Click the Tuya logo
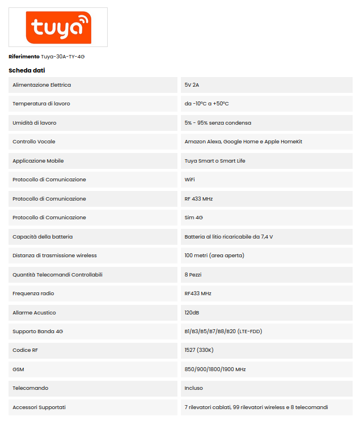(58, 27)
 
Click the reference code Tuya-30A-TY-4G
(62, 57)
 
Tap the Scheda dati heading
(27, 70)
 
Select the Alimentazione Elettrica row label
(41, 85)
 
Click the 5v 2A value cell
(192, 85)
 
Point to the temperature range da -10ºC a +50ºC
(206, 104)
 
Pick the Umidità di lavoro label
(34, 123)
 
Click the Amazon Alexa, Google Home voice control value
(243, 142)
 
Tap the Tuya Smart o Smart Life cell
(215, 161)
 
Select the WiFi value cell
(190, 180)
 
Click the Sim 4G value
(194, 218)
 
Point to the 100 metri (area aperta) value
(214, 256)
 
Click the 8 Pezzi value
(193, 275)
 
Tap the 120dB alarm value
(192, 313)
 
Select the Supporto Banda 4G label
(37, 331)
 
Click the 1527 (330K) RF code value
(198, 350)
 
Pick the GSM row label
(18, 369)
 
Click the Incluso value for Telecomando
(193, 388)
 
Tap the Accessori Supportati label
(39, 407)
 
